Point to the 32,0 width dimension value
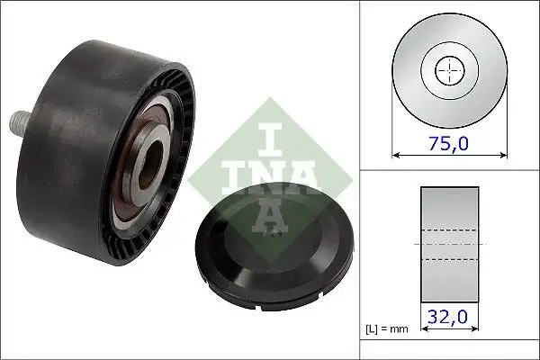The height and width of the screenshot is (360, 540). pos(446,317)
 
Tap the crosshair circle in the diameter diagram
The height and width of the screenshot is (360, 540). pos(446,69)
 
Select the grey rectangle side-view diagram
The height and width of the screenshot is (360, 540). pos(446,243)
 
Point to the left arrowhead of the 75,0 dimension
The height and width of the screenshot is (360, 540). pos(397,154)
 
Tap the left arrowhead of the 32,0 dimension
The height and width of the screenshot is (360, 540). pos(422,330)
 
